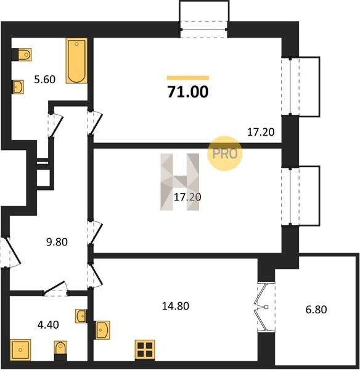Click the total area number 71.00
[188, 92]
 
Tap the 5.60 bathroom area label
[45, 80]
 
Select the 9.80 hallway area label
[57, 242]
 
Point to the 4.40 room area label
[48, 325]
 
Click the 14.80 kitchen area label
[176, 306]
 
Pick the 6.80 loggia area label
[316, 310]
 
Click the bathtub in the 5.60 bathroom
[76, 61]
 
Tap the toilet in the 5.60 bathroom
[22, 54]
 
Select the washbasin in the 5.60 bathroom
[18, 87]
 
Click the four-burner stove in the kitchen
[145, 350]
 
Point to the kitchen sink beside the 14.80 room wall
[102, 330]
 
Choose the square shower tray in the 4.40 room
[20, 350]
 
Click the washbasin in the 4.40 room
[81, 316]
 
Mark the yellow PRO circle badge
[224, 154]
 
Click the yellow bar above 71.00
[188, 78]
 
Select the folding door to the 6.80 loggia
[263, 307]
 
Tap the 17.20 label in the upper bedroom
[261, 132]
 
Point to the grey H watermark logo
[180, 182]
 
